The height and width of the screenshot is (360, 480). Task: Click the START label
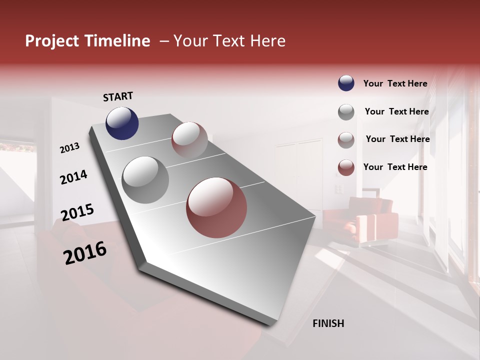(x=118, y=96)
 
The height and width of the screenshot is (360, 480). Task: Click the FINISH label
(x=328, y=323)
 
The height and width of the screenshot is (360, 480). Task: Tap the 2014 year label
(x=73, y=177)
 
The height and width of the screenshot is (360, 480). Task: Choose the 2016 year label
(x=85, y=253)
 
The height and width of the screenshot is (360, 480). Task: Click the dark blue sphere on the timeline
(x=122, y=123)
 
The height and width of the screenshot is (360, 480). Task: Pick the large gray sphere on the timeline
(x=145, y=180)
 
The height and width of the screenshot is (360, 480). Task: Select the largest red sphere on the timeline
(x=216, y=207)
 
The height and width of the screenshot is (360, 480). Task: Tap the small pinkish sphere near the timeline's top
(x=189, y=140)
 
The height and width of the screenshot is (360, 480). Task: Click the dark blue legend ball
(x=346, y=83)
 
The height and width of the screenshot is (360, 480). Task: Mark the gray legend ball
(x=346, y=112)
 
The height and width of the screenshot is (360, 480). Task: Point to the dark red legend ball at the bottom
(x=346, y=167)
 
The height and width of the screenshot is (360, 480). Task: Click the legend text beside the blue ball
(x=395, y=84)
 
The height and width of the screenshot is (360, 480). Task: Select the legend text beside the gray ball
(x=396, y=111)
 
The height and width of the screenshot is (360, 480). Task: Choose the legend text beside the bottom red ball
(x=395, y=167)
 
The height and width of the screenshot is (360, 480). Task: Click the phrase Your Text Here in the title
(x=229, y=41)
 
